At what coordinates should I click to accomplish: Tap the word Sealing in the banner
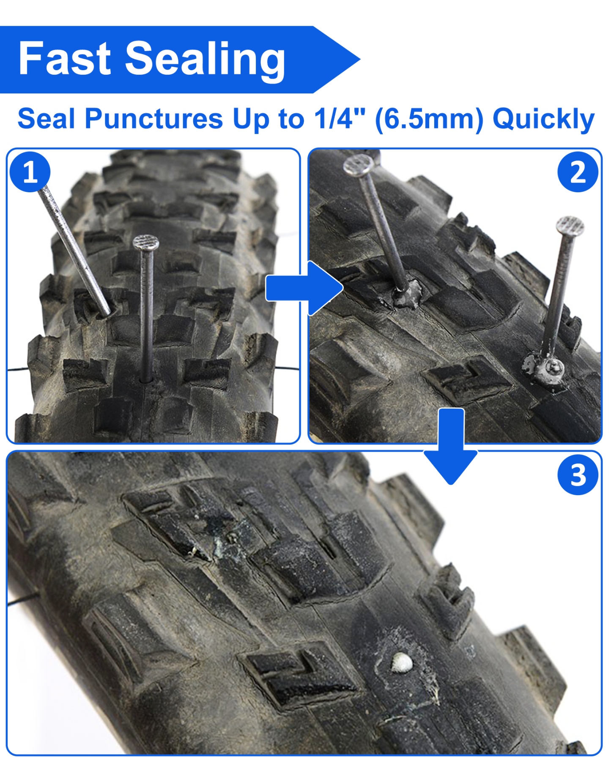click(x=205, y=60)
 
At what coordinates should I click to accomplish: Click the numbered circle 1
click(x=30, y=172)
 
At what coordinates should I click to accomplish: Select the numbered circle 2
click(x=578, y=172)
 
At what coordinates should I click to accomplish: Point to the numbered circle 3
click(x=578, y=474)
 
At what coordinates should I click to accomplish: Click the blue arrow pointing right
click(x=304, y=289)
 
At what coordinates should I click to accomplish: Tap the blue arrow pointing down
click(x=451, y=446)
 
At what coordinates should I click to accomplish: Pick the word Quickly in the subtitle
click(x=544, y=120)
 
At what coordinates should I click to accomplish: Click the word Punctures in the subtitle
click(x=154, y=119)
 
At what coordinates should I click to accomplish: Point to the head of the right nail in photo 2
click(x=570, y=226)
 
